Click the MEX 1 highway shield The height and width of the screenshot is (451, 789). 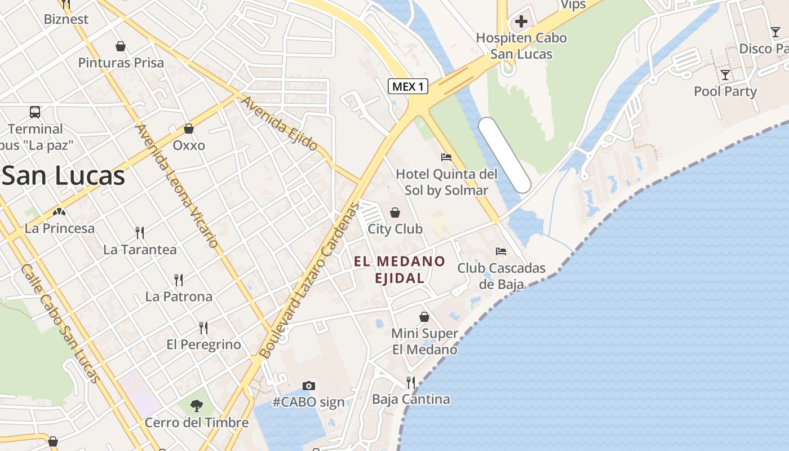(408, 86)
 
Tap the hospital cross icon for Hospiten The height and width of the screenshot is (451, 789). (521, 22)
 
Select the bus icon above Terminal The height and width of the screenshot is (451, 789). (35, 112)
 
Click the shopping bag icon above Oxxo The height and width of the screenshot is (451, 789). (189, 129)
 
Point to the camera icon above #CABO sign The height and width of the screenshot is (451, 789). (308, 386)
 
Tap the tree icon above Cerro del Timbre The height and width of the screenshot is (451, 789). (196, 405)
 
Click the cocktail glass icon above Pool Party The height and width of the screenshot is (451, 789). (725, 75)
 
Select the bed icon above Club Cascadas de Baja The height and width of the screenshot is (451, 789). (500, 251)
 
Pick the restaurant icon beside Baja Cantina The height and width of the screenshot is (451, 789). (411, 383)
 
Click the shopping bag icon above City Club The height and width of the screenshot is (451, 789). (395, 213)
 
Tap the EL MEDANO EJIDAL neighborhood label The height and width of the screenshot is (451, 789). (400, 269)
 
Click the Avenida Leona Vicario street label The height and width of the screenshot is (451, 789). (177, 186)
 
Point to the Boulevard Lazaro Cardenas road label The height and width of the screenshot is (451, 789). (309, 280)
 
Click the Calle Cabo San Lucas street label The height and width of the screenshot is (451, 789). (61, 323)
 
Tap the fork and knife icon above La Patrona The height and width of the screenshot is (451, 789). (179, 280)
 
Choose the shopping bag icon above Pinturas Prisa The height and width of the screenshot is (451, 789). (120, 46)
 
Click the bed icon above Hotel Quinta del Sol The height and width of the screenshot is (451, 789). (446, 157)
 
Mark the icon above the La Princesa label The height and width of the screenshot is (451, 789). (59, 212)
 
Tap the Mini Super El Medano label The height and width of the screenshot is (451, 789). (425, 341)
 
